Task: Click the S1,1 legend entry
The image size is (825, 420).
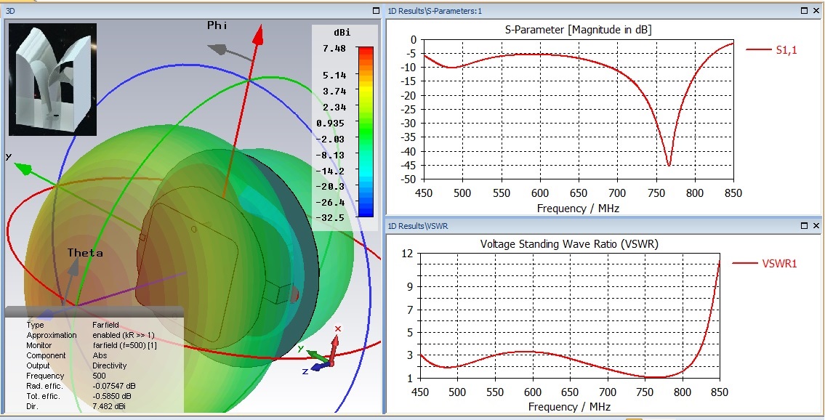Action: point(786,49)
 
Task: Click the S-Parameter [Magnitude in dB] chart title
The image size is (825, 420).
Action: point(578,30)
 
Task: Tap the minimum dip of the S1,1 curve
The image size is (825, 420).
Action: point(669,166)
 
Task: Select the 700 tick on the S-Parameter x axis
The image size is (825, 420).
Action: point(618,193)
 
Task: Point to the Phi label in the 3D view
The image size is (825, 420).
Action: point(217,25)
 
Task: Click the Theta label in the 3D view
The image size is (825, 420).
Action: point(85,253)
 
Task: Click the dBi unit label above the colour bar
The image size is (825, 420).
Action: point(342,32)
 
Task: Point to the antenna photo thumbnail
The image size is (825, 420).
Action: point(52,79)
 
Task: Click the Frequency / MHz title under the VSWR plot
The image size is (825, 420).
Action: point(569,407)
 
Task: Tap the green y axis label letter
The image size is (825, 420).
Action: point(8,156)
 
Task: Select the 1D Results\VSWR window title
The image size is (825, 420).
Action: point(418,226)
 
